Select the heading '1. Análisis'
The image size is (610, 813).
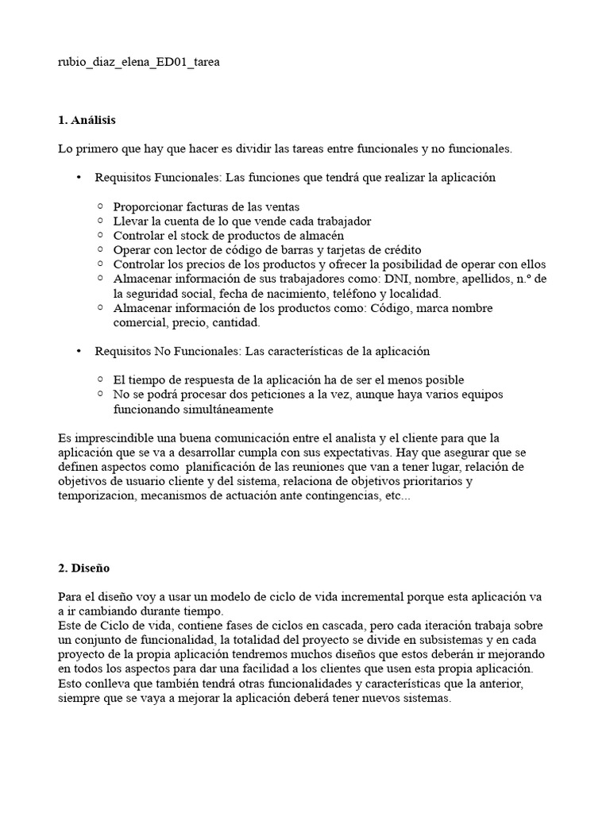coord(87,120)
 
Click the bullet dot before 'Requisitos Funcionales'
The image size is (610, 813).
coord(79,178)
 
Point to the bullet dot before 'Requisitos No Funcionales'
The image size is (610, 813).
coord(79,351)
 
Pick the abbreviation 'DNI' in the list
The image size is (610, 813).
coord(396,279)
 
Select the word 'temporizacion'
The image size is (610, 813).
coord(96,495)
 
